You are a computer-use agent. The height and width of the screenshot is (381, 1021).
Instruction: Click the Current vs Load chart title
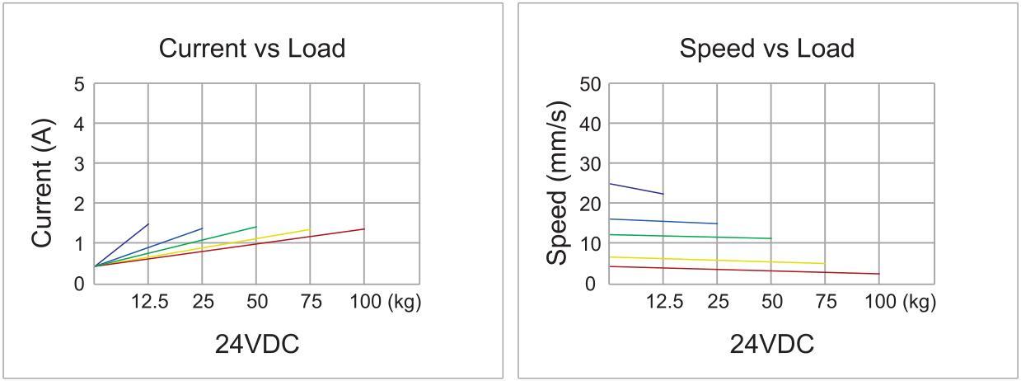[251, 49]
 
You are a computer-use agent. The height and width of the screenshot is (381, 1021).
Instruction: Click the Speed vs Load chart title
[766, 49]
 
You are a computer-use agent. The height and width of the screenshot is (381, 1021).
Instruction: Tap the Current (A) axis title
[42, 183]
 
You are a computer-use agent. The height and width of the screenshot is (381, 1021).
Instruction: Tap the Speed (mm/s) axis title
[557, 183]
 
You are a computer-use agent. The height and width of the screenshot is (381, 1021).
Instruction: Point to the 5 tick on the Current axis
[79, 84]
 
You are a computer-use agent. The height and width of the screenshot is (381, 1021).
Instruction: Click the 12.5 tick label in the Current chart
[149, 302]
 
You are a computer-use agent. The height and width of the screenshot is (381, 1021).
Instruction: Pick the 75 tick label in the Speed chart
[825, 302]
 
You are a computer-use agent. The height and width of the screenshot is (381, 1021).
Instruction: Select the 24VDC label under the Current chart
[257, 344]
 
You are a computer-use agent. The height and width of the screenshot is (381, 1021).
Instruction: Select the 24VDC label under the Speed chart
[771, 344]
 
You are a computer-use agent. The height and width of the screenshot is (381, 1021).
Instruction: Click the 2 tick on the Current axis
[79, 204]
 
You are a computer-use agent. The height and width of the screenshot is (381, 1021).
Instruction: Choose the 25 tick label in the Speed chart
[718, 302]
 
